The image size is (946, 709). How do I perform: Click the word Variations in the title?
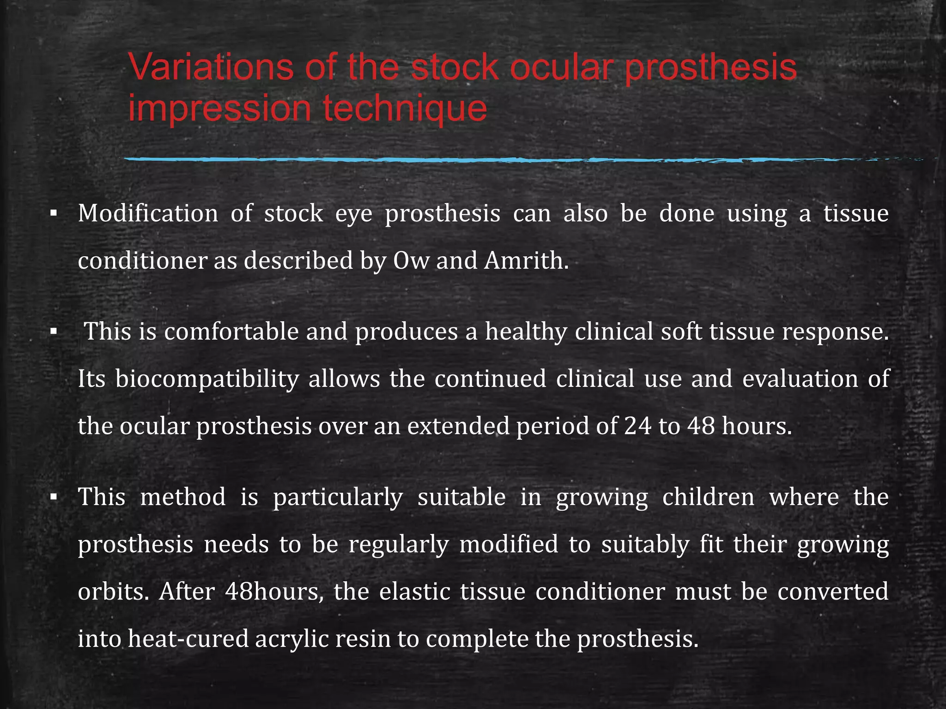[211, 67]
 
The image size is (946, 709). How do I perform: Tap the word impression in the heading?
[219, 109]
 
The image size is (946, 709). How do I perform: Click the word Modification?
[148, 214]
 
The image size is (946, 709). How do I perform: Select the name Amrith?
[526, 261]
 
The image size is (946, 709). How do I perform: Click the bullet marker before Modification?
[54, 214]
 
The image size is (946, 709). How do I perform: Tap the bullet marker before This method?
[54, 498]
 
